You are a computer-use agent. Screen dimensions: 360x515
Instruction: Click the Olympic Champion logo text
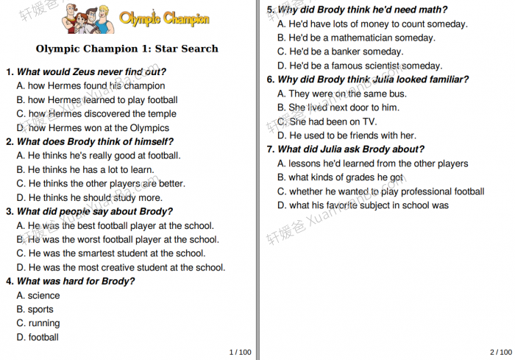click(164, 19)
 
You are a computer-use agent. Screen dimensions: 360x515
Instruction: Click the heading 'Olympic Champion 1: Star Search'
click(127, 49)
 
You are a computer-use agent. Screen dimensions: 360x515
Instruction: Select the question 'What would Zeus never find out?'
click(90, 72)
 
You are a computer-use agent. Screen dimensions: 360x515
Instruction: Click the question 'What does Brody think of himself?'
click(95, 142)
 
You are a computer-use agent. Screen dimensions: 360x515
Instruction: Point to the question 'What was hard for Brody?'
click(75, 281)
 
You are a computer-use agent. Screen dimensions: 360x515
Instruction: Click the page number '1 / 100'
click(240, 352)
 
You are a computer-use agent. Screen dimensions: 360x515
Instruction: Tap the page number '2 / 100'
click(501, 352)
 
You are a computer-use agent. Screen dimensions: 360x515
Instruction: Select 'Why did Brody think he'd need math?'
click(362, 10)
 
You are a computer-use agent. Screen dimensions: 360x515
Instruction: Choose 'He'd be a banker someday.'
click(341, 52)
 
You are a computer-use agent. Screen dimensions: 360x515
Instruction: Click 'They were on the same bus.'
click(342, 93)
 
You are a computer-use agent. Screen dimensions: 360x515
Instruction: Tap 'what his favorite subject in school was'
click(363, 205)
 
